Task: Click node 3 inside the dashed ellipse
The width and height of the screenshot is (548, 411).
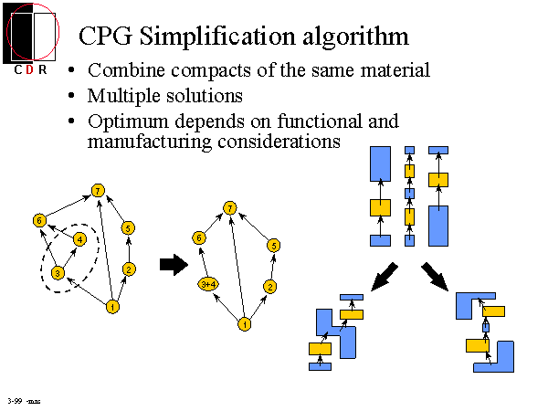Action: coord(58,272)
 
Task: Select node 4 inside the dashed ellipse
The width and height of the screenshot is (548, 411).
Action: coord(80,239)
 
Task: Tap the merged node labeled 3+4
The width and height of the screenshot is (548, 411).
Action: coord(207,285)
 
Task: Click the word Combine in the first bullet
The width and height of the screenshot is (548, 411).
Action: coord(123,70)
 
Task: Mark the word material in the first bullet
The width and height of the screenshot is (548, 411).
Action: coord(395,70)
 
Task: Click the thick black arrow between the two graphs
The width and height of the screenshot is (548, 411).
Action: coord(172,265)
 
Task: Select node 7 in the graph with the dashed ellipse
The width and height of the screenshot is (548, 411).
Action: coord(97,190)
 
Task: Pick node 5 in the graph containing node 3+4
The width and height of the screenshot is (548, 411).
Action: coord(273,245)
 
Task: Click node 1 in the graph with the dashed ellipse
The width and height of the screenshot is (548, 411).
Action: coord(111,306)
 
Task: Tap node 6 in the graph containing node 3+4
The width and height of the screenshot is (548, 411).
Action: coord(198,237)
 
